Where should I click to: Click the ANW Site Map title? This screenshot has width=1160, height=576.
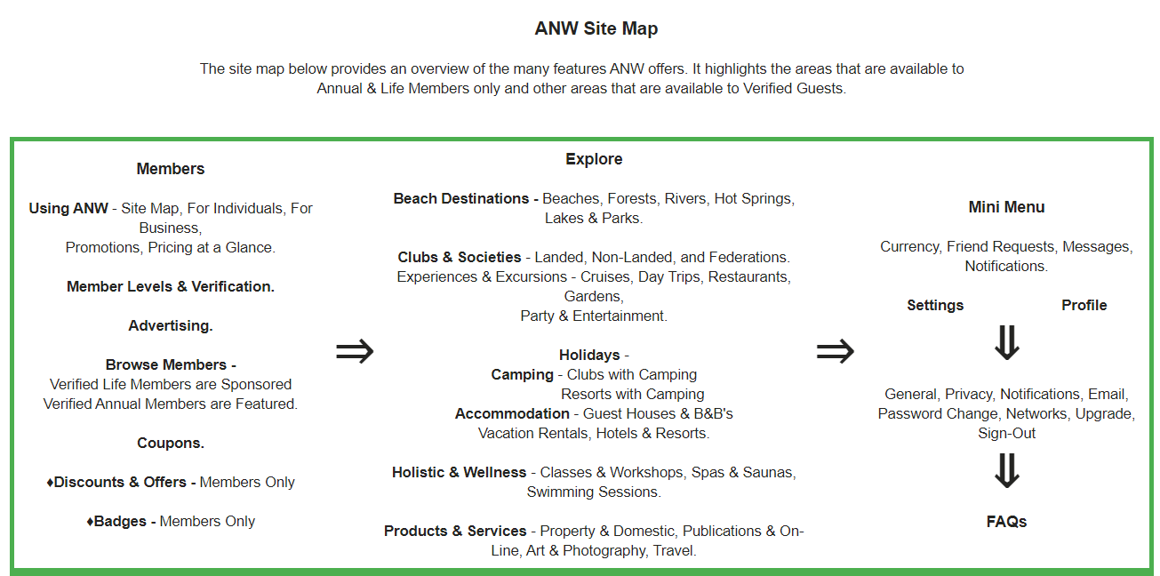(596, 28)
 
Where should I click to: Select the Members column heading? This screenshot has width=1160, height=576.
(171, 169)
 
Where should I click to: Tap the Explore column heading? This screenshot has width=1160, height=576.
(594, 159)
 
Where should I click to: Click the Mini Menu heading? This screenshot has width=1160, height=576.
(1006, 207)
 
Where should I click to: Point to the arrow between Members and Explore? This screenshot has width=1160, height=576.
(355, 351)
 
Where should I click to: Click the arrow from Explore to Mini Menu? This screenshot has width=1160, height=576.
(836, 351)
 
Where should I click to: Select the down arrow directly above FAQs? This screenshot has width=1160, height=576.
(1007, 471)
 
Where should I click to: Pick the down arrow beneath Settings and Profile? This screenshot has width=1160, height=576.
(1007, 342)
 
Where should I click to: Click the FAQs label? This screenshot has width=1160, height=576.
(1006, 522)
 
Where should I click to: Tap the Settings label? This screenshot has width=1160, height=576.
(935, 306)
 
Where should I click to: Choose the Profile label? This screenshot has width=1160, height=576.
(1084, 306)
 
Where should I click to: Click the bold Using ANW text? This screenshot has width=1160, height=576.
(68, 208)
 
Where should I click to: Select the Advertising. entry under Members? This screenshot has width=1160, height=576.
(171, 326)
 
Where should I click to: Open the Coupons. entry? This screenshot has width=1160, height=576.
(171, 444)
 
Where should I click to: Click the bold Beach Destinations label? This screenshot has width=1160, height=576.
(461, 199)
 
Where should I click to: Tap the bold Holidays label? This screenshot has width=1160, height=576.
(589, 356)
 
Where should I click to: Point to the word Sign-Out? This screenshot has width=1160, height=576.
(1006, 434)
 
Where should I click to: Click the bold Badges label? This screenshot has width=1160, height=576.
(120, 522)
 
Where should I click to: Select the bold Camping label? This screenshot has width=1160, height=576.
(522, 375)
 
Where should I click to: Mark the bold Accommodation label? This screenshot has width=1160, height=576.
(512, 414)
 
